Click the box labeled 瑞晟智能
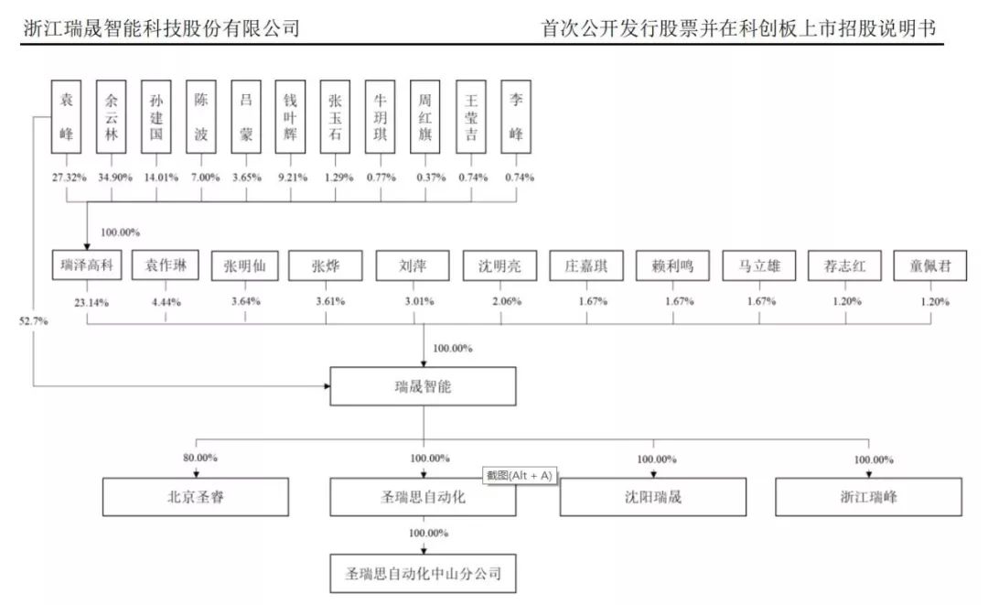pyautogui.click(x=423, y=386)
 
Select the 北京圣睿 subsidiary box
pyautogui.click(x=196, y=497)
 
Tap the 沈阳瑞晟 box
pyautogui.click(x=653, y=497)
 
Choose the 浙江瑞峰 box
pyautogui.click(x=868, y=497)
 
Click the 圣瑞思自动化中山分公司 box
pyautogui.click(x=423, y=574)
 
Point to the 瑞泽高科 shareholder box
pyautogui.click(x=87, y=265)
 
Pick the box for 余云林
pyautogui.click(x=111, y=116)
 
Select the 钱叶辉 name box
pyautogui.click(x=291, y=116)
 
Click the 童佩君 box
pyautogui.click(x=930, y=265)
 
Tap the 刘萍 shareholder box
pyautogui.click(x=413, y=265)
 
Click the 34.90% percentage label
pyautogui.click(x=114, y=178)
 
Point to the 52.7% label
pyautogui.click(x=34, y=320)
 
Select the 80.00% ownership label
pyautogui.click(x=200, y=458)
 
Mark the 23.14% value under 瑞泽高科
pyautogui.click(x=91, y=302)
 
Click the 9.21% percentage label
pyautogui.click(x=293, y=178)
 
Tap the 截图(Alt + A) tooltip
pyautogui.click(x=520, y=476)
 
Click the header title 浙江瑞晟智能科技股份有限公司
pyautogui.click(x=161, y=28)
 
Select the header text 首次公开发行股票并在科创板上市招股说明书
pyautogui.click(x=738, y=28)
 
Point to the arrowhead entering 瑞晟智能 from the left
pyautogui.click(x=327, y=385)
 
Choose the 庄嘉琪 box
pyautogui.click(x=586, y=265)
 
